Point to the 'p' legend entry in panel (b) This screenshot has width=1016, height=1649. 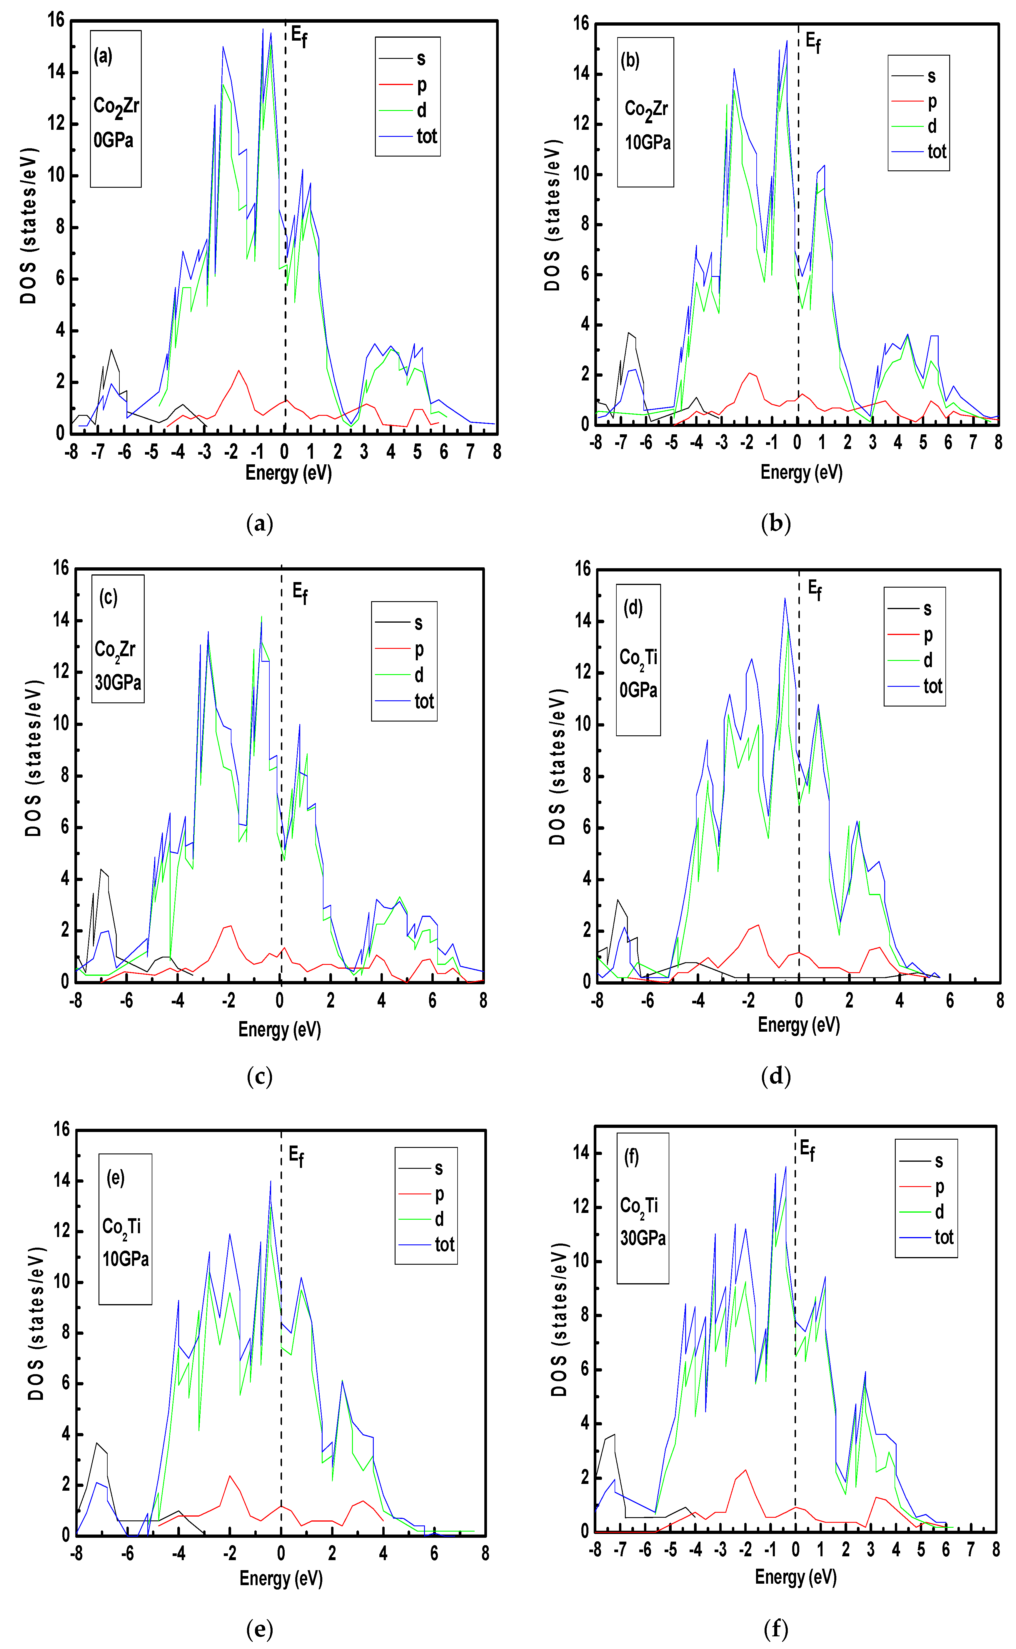pos(932,102)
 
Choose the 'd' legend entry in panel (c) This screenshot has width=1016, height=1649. pos(419,675)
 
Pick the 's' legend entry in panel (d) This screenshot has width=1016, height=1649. pos(927,609)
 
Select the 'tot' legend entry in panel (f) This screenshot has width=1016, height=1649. pos(943,1237)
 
